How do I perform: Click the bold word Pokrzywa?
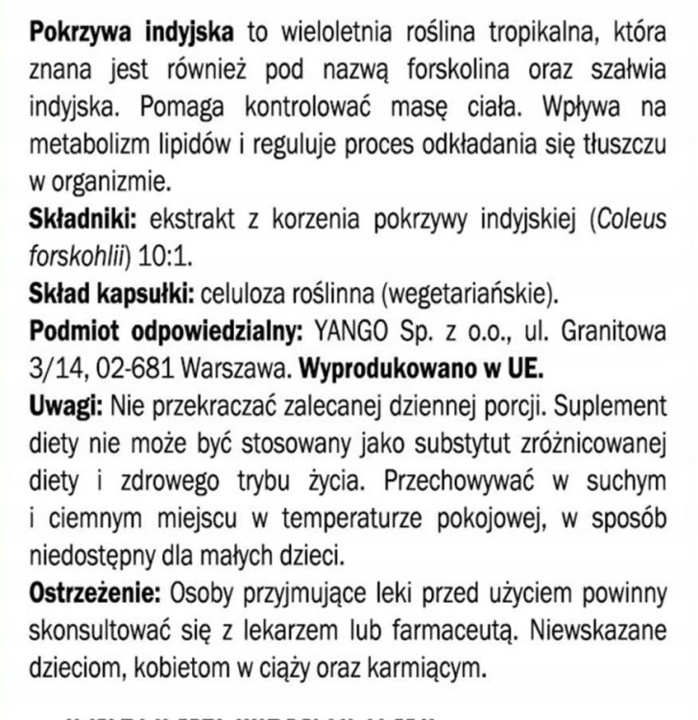point(81,33)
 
